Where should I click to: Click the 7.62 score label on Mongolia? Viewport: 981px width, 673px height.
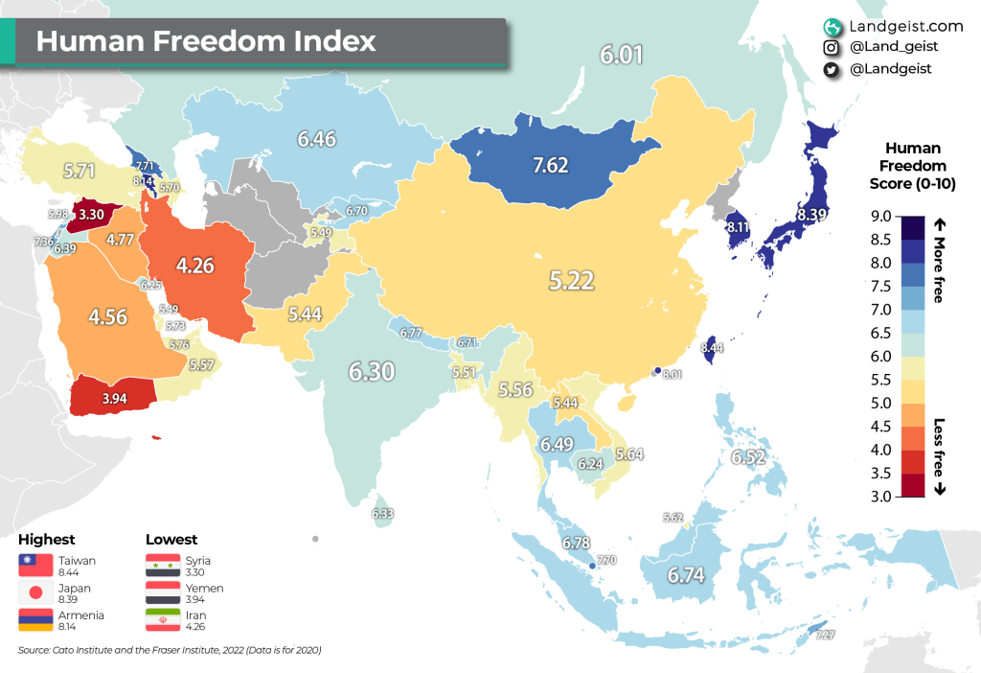(x=550, y=165)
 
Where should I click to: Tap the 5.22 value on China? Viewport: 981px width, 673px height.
(x=571, y=281)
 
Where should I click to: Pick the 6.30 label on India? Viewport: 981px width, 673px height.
(x=372, y=371)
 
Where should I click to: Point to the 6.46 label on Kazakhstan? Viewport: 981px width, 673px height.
(x=316, y=139)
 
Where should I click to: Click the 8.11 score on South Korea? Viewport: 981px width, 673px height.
(x=739, y=228)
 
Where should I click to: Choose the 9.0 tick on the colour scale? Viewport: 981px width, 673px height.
(x=881, y=216)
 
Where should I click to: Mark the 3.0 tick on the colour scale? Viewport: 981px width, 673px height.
(x=881, y=497)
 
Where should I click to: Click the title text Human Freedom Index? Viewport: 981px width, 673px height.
(x=206, y=41)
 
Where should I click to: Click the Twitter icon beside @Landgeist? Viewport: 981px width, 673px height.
(x=832, y=69)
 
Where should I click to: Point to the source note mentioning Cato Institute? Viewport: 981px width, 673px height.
(x=169, y=651)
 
